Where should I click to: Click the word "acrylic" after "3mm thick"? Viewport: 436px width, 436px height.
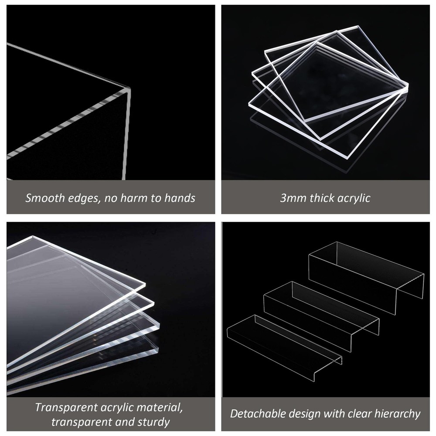pyautogui.click(x=353, y=198)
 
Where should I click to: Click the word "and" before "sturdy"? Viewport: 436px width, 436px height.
pyautogui.click(x=125, y=422)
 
